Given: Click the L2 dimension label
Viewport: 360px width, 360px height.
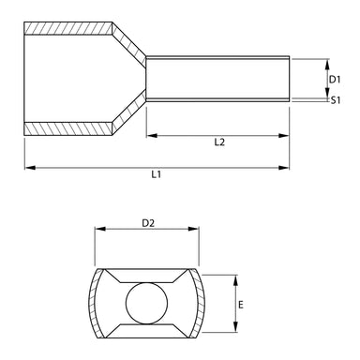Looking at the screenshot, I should point(218,142).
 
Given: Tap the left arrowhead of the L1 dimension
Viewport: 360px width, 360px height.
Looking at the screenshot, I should point(28,168).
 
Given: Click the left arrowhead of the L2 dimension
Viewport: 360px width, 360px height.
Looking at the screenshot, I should point(150,135).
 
